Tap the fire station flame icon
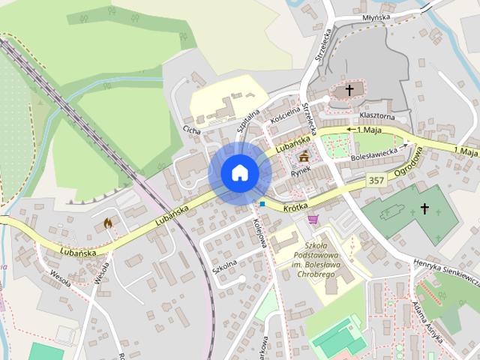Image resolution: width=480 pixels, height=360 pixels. coord(108,223)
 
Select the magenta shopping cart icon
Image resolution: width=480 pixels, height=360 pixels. coord(313,219)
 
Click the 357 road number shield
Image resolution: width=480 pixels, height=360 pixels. coord(377,181)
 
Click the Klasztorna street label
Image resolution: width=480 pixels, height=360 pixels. coord(376,116)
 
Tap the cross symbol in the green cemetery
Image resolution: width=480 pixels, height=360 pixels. coord(424,208)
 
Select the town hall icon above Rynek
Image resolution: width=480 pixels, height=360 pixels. coord(304,157)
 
